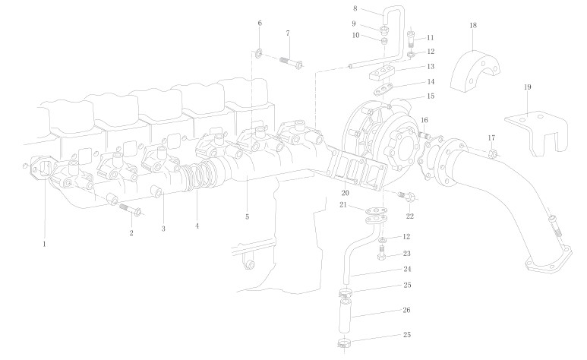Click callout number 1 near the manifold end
(x=45, y=245)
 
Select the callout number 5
(x=247, y=217)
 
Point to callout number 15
(x=430, y=96)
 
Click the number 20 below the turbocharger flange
(x=345, y=193)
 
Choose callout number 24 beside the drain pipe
(x=407, y=269)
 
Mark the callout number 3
(x=163, y=228)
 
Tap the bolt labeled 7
(x=292, y=60)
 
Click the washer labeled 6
(x=259, y=52)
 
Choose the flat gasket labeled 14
(x=389, y=90)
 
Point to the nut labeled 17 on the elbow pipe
(x=492, y=154)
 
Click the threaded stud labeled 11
(x=411, y=37)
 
